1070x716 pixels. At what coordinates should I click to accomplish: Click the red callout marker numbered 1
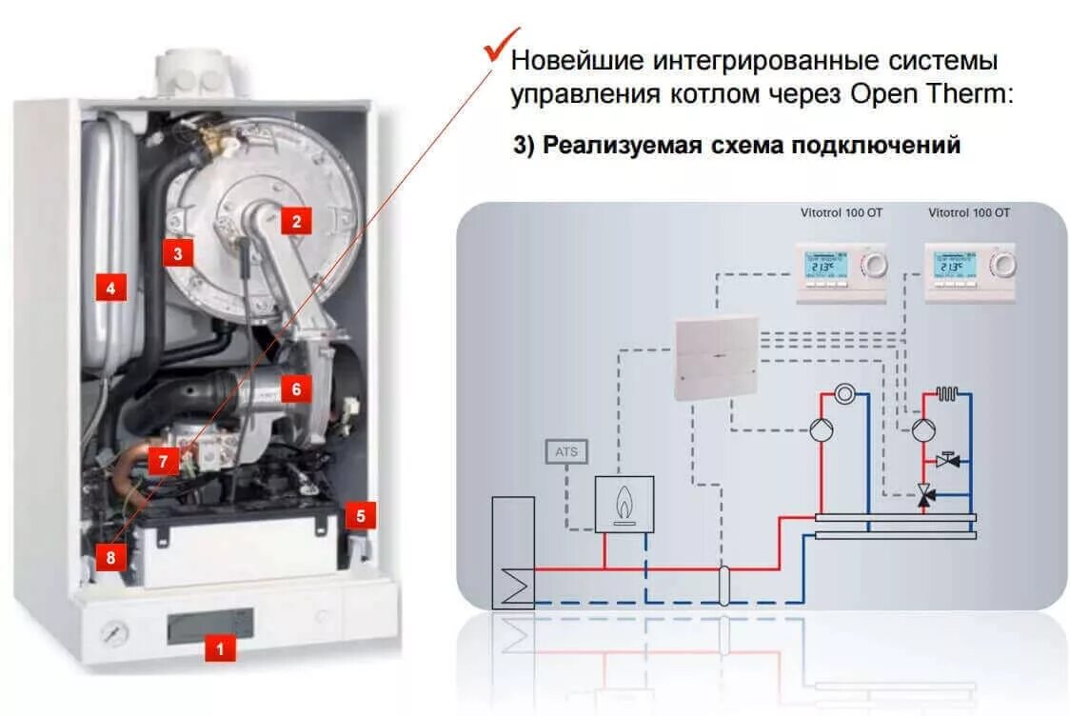coord(221,650)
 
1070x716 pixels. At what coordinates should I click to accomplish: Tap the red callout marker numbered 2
coord(296,222)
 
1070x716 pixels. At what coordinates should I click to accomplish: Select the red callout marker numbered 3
coord(177,252)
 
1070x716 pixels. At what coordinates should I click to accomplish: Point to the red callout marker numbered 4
coord(110,288)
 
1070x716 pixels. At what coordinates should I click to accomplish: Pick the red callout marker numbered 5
coord(360,515)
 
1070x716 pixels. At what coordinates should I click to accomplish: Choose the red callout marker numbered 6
coord(296,388)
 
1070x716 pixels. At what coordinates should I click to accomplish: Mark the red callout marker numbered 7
coord(164,462)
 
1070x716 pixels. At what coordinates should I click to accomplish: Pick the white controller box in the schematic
coord(716,357)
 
